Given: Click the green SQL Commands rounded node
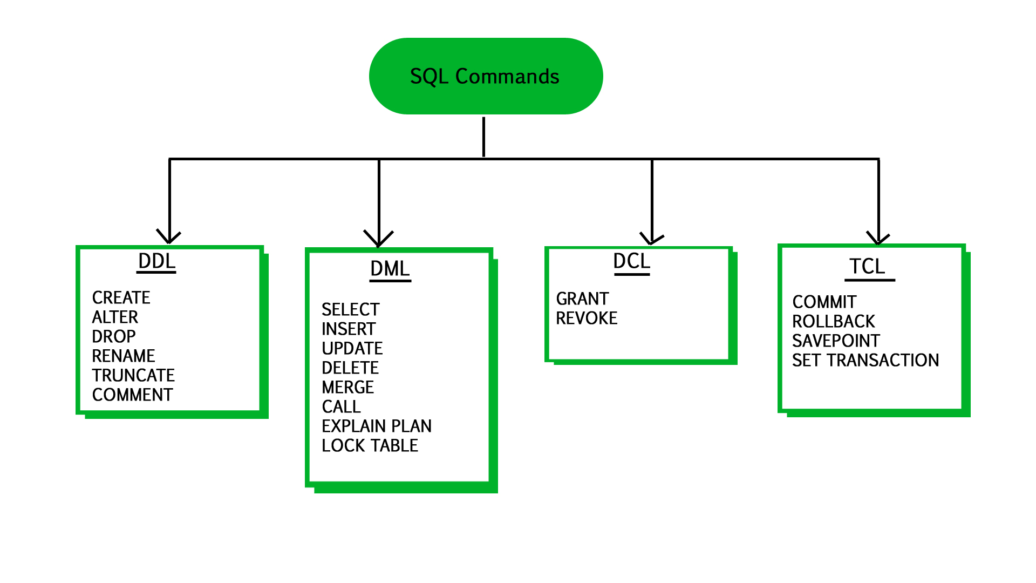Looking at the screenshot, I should pyautogui.click(x=486, y=76).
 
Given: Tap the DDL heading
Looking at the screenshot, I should pyautogui.click(x=156, y=261).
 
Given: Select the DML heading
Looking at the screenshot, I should pyautogui.click(x=390, y=269).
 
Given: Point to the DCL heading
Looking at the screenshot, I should pyautogui.click(x=631, y=262).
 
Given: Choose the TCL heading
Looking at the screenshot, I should pyautogui.click(x=867, y=267).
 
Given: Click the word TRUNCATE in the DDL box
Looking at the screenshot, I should pyautogui.click(x=133, y=375).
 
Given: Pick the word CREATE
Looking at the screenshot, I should pyautogui.click(x=121, y=297).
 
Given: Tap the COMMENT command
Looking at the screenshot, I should pyautogui.click(x=132, y=395).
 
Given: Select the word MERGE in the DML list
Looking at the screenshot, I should pyautogui.click(x=347, y=387).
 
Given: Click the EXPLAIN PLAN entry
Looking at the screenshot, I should pyautogui.click(x=377, y=426).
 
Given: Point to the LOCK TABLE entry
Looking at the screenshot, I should pyautogui.click(x=370, y=445).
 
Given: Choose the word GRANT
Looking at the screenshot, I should pyautogui.click(x=582, y=299).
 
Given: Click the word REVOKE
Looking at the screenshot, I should pyautogui.click(x=587, y=318).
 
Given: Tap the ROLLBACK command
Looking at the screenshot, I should pyautogui.click(x=833, y=321).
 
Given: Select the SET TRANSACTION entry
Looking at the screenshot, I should pyautogui.click(x=865, y=360).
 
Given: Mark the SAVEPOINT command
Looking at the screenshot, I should pyautogui.click(x=836, y=341).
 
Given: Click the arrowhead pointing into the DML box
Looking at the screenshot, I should pyautogui.click(x=379, y=240).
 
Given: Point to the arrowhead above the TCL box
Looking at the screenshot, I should pyautogui.click(x=878, y=238).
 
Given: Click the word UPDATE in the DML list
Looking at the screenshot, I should pyautogui.click(x=352, y=348).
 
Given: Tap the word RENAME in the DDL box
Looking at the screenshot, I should pyautogui.click(x=124, y=356).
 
